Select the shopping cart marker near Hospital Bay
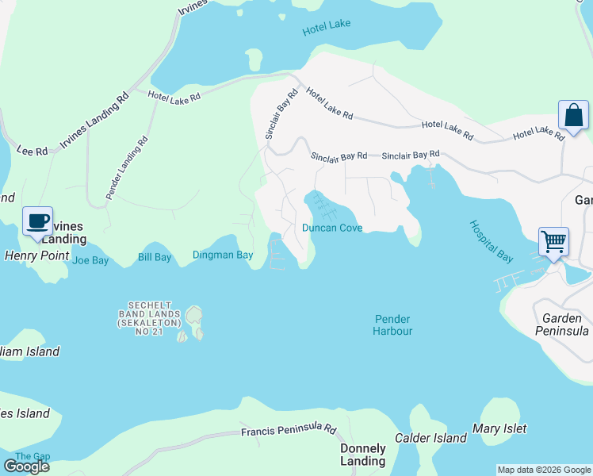[x=553, y=241]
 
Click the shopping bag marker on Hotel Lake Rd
[x=573, y=116]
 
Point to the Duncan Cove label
[x=332, y=228]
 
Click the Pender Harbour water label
[x=392, y=324]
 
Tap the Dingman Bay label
[x=223, y=255]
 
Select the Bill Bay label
[x=155, y=257]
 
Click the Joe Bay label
[x=90, y=259]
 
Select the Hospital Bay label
[x=492, y=242]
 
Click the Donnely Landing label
[x=362, y=455]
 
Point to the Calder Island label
[x=438, y=438]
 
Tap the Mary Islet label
[x=499, y=428]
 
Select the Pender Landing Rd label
[x=127, y=167]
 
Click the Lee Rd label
[x=33, y=148]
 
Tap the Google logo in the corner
[x=26, y=466]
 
